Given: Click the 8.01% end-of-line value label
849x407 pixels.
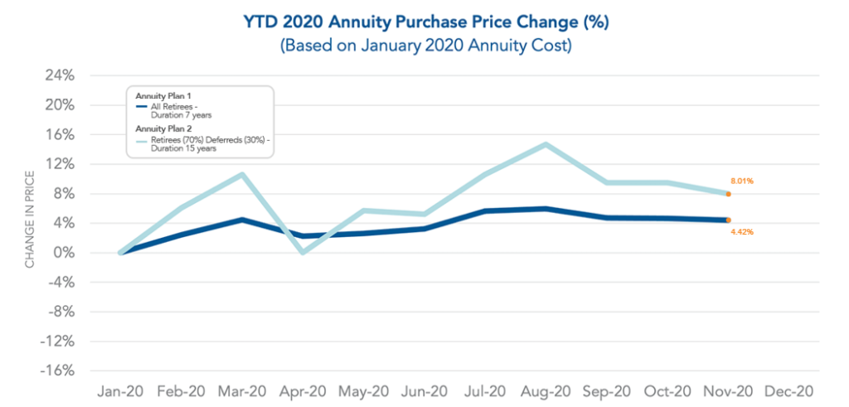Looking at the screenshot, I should [741, 181].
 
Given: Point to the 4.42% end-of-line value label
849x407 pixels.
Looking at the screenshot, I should [741, 232].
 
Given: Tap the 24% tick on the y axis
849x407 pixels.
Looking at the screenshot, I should [61, 75].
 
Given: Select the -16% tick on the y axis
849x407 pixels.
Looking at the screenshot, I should [57, 371].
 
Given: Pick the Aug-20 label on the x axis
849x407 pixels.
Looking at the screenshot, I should [545, 390].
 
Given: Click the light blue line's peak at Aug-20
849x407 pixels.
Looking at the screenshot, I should [546, 144].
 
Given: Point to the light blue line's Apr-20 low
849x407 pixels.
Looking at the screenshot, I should [302, 252].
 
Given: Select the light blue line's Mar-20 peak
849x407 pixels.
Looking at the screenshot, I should [241, 174].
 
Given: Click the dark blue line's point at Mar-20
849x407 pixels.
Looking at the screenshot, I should [241, 220].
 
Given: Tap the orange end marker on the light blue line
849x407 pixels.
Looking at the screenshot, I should [727, 194].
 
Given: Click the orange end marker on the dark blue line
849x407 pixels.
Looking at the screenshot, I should [727, 220].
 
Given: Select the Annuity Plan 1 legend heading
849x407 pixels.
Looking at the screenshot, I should [165, 96].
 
